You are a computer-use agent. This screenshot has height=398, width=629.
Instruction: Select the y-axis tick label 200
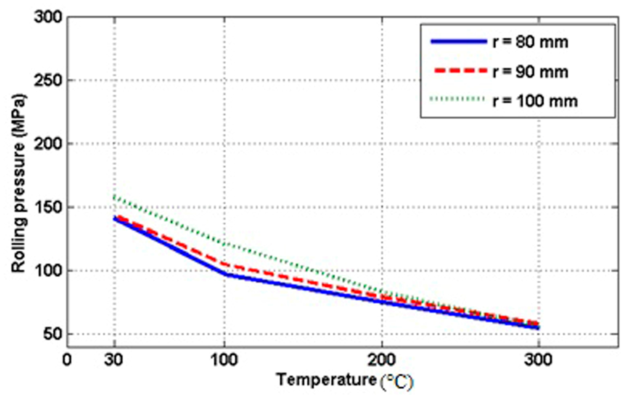click(x=48, y=144)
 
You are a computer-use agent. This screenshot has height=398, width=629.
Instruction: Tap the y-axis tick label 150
click(x=48, y=207)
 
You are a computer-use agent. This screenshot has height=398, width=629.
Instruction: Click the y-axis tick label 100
click(x=48, y=271)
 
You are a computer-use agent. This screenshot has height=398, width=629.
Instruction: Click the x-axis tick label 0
click(x=67, y=360)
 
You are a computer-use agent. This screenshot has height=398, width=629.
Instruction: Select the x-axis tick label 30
click(x=114, y=360)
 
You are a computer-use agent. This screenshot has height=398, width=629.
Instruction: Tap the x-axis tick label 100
click(x=224, y=360)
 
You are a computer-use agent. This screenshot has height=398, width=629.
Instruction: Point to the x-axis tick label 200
click(x=382, y=360)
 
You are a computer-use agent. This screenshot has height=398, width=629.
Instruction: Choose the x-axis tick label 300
click(x=538, y=360)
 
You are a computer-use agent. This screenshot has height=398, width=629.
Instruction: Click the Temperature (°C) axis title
click(x=345, y=381)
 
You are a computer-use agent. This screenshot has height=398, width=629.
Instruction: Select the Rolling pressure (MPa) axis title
click(x=19, y=183)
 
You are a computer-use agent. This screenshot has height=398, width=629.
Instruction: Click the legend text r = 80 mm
click(x=530, y=42)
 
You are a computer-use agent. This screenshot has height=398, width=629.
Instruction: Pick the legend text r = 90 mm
click(x=530, y=72)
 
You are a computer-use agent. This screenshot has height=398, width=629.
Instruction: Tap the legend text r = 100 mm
click(x=535, y=101)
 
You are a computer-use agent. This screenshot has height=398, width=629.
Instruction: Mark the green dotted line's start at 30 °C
click(x=114, y=197)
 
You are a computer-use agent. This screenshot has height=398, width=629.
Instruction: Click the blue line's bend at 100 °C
click(x=225, y=274)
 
